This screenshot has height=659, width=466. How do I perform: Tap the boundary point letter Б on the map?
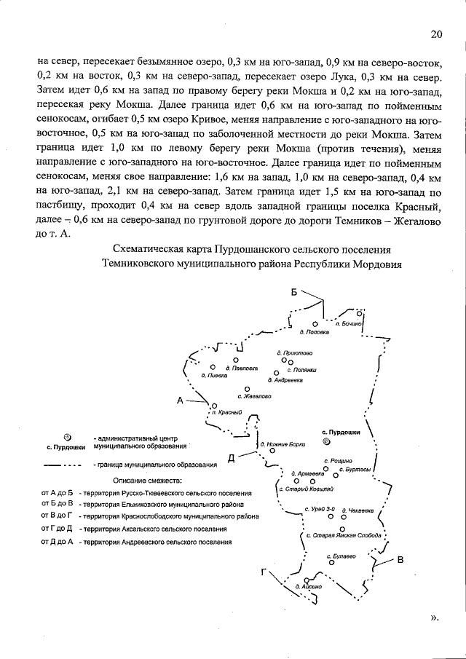[295, 292]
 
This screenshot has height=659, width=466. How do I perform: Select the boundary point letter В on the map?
[400, 559]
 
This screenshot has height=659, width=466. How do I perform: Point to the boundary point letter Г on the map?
[266, 572]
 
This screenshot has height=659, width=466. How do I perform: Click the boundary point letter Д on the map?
[231, 457]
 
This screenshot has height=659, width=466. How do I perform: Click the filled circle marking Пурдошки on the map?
[327, 441]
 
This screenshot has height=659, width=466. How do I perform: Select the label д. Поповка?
[315, 332]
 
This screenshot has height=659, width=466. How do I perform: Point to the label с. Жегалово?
[254, 396]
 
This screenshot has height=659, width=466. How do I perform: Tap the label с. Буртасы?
[357, 470]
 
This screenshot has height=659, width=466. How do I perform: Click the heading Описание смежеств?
[149, 481]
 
